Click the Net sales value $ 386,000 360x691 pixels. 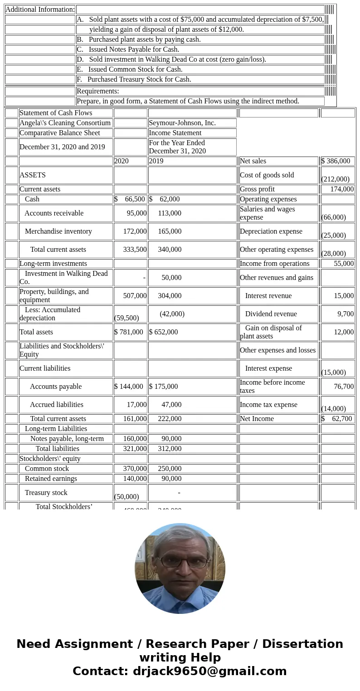(x=336, y=161)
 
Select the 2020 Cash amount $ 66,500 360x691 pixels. (x=130, y=199)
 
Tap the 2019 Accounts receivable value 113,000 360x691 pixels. (x=170, y=213)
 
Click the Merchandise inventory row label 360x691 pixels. (x=58, y=231)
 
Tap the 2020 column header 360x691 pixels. (x=122, y=161)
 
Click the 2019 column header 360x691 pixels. (x=156, y=161)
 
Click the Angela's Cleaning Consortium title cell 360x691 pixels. (x=65, y=123)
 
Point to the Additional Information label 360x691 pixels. (x=40, y=10)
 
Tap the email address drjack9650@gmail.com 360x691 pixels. (x=210, y=671)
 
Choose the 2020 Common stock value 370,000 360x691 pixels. (x=135, y=469)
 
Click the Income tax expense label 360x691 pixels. (x=268, y=405)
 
